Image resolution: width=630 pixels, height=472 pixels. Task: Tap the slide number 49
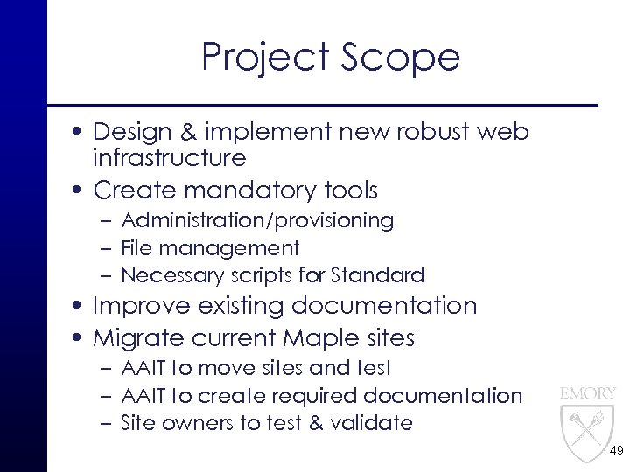click(x=616, y=452)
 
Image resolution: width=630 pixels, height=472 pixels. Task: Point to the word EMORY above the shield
click(x=588, y=393)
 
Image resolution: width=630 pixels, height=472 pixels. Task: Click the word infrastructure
click(x=169, y=158)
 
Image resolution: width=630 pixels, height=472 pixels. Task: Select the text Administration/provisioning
click(x=257, y=220)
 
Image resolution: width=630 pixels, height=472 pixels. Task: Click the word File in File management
click(x=134, y=248)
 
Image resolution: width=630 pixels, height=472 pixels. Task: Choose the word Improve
click(x=142, y=306)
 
